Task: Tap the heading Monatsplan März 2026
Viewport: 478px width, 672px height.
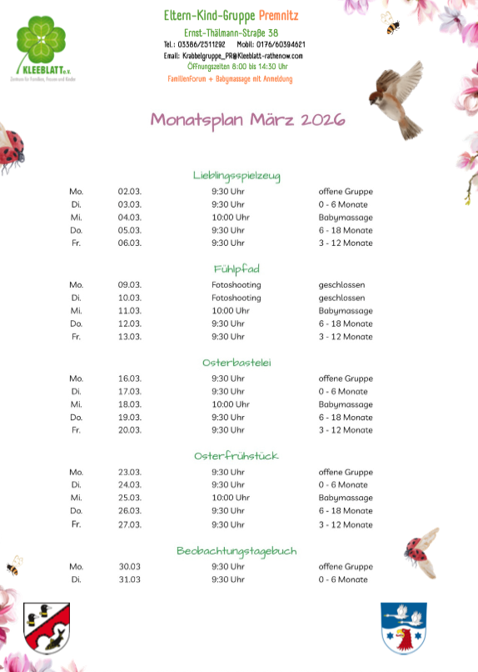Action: click(x=247, y=119)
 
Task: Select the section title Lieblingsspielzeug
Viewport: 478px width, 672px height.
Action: click(x=237, y=175)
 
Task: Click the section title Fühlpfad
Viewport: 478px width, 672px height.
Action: click(x=237, y=268)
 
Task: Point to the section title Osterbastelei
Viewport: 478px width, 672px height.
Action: click(x=237, y=363)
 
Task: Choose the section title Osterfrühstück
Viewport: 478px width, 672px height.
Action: click(x=237, y=456)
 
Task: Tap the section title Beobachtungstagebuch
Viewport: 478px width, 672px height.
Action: click(x=237, y=550)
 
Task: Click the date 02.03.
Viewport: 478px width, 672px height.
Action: click(x=130, y=192)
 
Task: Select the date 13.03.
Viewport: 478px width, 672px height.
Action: click(x=130, y=337)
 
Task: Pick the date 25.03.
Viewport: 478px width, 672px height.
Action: click(x=130, y=498)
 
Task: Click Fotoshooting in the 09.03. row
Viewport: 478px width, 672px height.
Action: click(x=236, y=285)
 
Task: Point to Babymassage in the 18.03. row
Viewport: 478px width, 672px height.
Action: click(x=346, y=404)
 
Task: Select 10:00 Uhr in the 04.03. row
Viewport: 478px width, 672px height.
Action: click(x=231, y=218)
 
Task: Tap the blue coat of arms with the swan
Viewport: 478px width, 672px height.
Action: click(x=404, y=627)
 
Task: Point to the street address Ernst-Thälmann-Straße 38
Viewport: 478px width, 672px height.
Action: click(x=231, y=32)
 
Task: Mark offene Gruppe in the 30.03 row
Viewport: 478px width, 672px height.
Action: click(x=346, y=567)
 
